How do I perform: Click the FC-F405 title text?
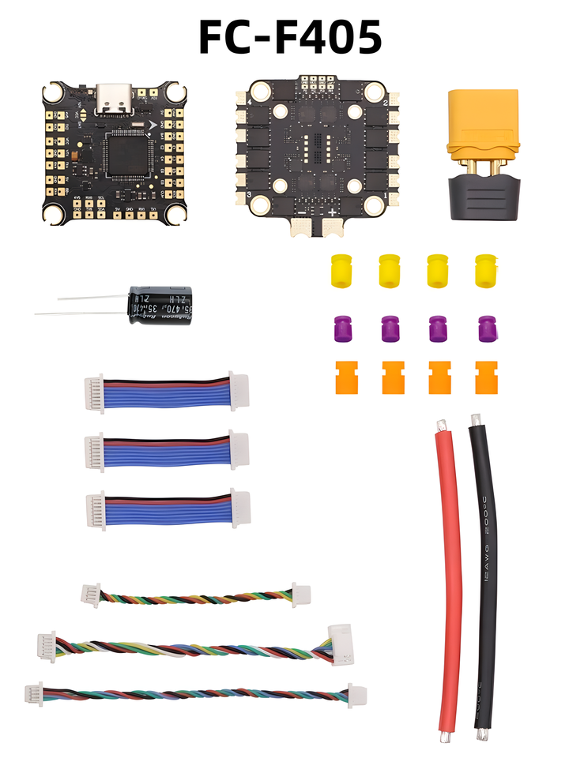point(290,37)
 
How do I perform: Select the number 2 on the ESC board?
point(384,104)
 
